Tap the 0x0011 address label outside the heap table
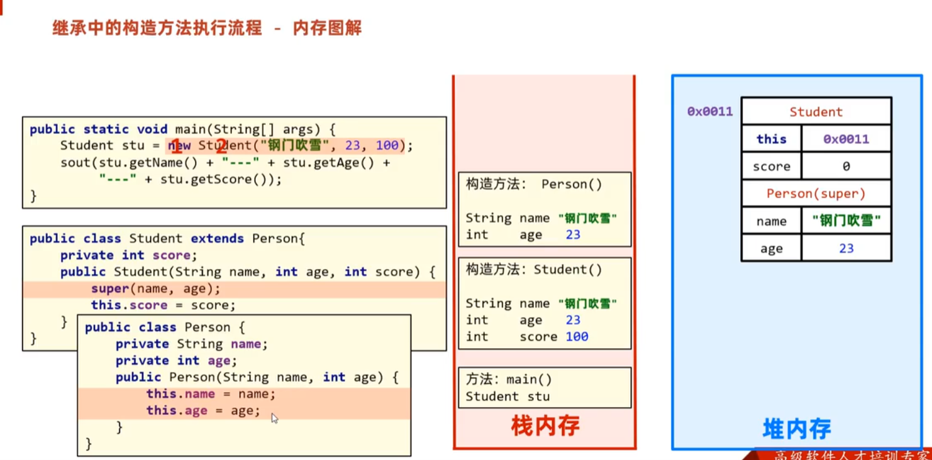pos(710,112)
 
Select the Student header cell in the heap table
pos(816,112)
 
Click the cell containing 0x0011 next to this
pos(846,139)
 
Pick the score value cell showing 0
pos(846,167)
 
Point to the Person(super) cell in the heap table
pos(816,194)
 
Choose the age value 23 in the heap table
pos(846,248)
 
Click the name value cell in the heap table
pos(846,221)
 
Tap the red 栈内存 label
pos(545,427)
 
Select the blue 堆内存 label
pos(797,429)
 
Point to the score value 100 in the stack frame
pos(576,337)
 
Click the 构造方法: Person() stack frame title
pos(534,185)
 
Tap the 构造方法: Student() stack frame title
pos(534,270)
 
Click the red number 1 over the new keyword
pos(177,148)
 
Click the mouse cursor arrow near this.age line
pos(274,418)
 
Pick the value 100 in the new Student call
pos(387,146)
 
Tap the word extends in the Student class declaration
pos(217,239)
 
